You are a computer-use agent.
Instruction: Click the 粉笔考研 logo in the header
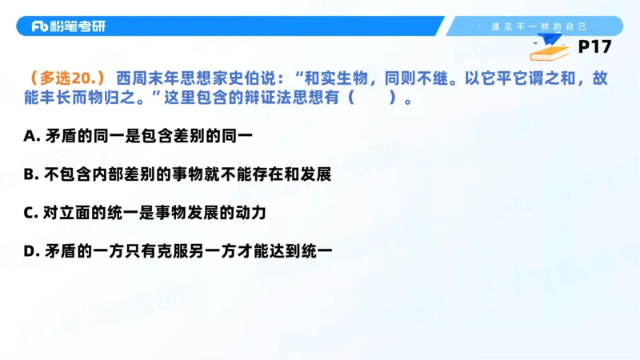pyautogui.click(x=68, y=26)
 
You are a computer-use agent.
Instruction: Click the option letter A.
pyautogui.click(x=30, y=136)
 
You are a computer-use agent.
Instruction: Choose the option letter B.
pyautogui.click(x=30, y=174)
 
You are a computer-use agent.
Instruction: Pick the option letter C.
pyautogui.click(x=30, y=213)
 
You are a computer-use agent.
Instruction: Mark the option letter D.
pyautogui.click(x=30, y=251)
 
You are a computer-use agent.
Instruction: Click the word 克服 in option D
pyautogui.click(x=178, y=251)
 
